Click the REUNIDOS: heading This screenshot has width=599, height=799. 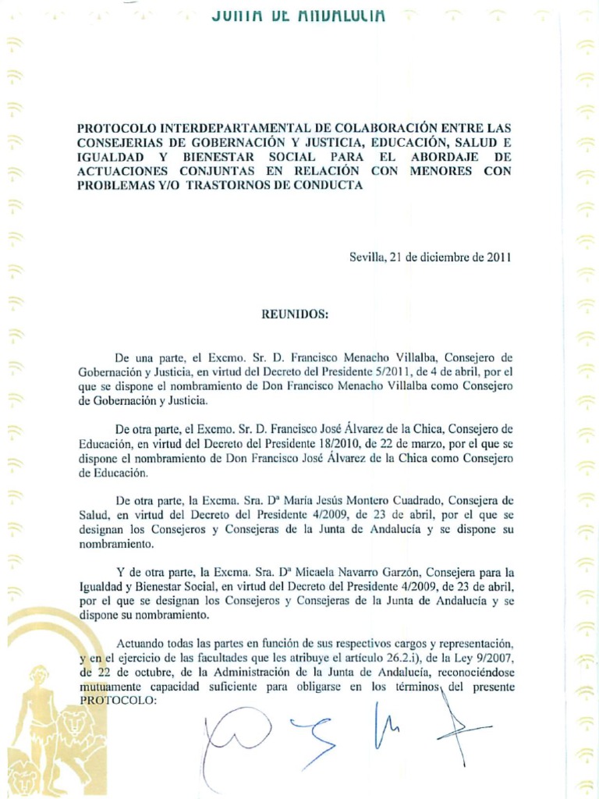tap(295, 314)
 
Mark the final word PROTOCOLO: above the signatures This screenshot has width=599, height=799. tap(119, 701)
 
